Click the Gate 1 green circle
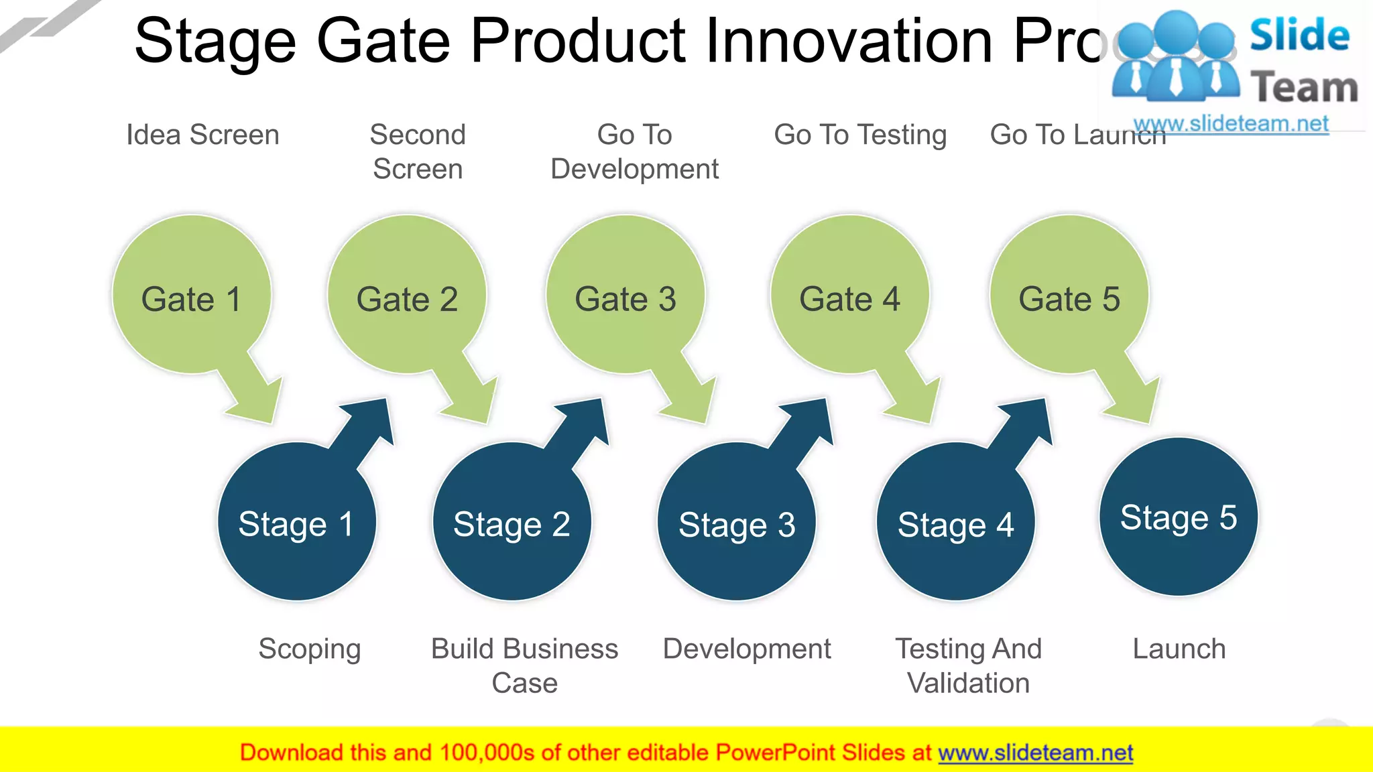(x=192, y=295)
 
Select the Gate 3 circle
(x=625, y=295)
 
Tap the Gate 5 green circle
(x=1069, y=295)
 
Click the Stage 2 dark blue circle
(x=512, y=523)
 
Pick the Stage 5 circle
(x=1178, y=517)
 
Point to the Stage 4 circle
(x=955, y=523)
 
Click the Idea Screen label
(x=202, y=135)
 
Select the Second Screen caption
(x=418, y=151)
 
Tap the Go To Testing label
(x=860, y=135)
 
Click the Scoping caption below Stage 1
(x=310, y=649)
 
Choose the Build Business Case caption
(x=524, y=665)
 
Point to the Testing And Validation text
(x=968, y=665)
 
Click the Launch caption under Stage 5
(x=1179, y=649)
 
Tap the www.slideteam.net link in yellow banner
(x=1035, y=753)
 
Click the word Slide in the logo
(x=1299, y=35)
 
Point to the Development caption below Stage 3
(x=746, y=649)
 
